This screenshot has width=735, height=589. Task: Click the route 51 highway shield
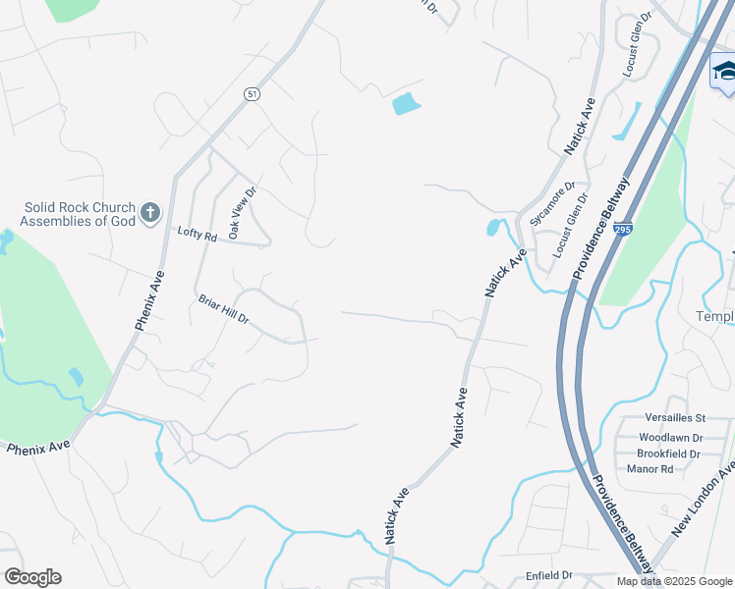coord(253,93)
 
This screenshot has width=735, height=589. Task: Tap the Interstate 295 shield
coord(622,229)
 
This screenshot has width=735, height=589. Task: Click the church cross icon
coord(149,213)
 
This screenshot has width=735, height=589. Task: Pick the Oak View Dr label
coord(242,213)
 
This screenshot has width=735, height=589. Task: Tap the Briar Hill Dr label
coord(224,311)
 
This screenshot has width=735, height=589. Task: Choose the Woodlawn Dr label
coord(670,437)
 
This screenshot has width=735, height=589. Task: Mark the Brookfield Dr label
coord(668,454)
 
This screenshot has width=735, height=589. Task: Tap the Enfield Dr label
coord(548,574)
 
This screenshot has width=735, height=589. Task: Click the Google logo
coord(32,577)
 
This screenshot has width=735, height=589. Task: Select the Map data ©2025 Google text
coord(675,581)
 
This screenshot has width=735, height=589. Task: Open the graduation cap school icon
coord(724,72)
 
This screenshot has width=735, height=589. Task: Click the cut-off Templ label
coord(714,316)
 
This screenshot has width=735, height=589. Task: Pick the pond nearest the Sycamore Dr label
coord(492,229)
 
